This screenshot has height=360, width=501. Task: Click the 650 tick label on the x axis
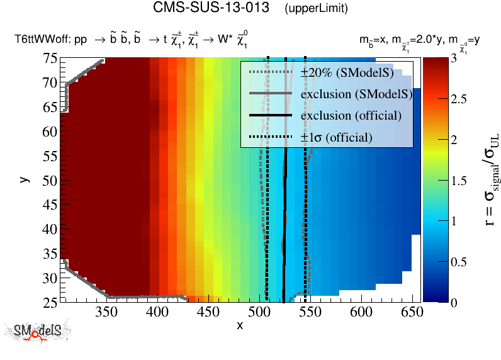coord(410,312)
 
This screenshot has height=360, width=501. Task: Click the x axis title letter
coord(240,325)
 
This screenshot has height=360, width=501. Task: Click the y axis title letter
coord(25,179)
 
